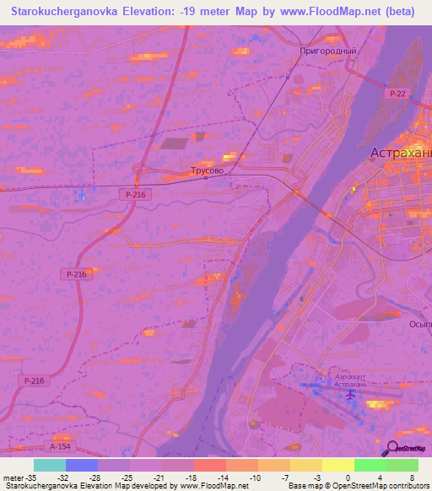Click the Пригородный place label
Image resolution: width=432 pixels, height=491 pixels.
pos(328,51)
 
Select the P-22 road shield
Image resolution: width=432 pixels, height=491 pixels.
pos(397,92)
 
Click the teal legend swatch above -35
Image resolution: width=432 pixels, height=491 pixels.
pos(50,465)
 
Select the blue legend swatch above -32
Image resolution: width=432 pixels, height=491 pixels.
pos(82,465)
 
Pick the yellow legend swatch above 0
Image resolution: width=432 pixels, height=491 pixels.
pos(337,465)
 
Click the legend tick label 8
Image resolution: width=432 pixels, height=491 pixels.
pos(413,477)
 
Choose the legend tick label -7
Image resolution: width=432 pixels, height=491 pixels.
pos(285,477)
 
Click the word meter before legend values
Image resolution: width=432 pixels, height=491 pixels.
pos(13,477)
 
